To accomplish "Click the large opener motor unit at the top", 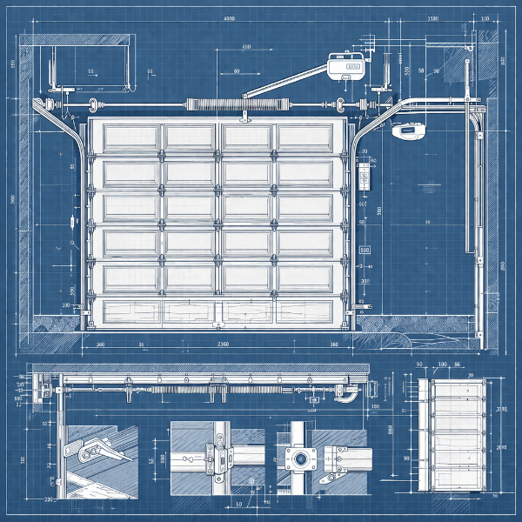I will pos(348,66).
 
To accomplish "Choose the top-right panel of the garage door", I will pos(304,136).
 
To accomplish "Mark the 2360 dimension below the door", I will pos(223,345).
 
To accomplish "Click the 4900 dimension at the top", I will pos(230,17).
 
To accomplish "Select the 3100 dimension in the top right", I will pos(432,17).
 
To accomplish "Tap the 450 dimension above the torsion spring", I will pos(247,47).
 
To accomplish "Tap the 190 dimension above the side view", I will pos(442,365).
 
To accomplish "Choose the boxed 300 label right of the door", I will pos(365,249).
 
